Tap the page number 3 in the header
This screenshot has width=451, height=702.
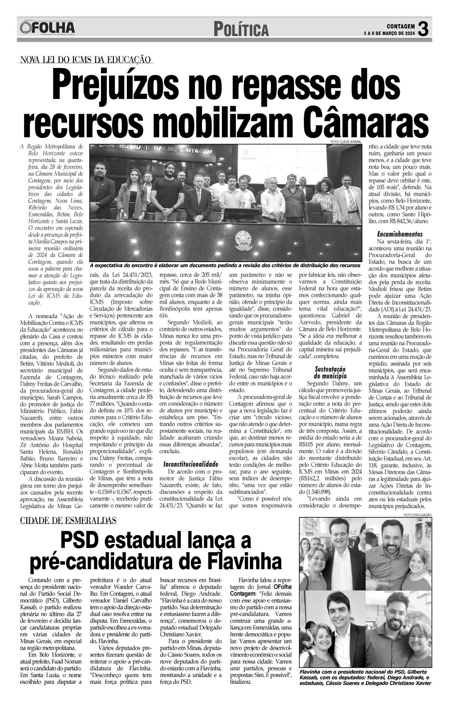tap(423, 29)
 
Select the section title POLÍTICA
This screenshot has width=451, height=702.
tap(241, 30)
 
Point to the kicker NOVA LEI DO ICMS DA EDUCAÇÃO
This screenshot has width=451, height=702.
tap(86, 60)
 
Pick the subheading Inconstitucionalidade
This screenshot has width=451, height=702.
tap(191, 464)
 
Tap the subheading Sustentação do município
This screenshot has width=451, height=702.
tap(330, 372)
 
